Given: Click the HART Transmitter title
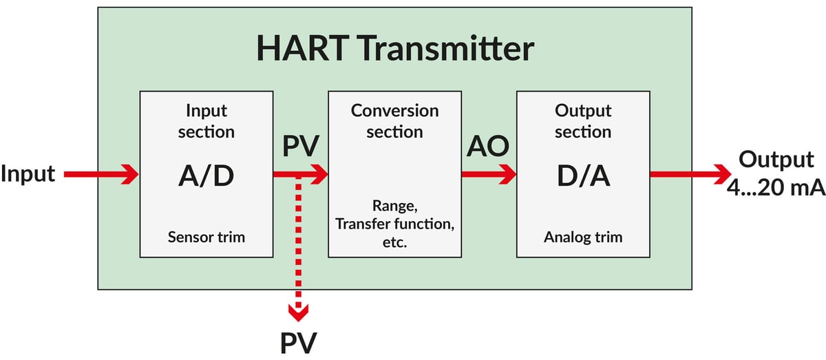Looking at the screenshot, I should pyautogui.click(x=395, y=49).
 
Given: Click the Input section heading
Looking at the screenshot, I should pyautogui.click(x=206, y=120).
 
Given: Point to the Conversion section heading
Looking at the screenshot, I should pyautogui.click(x=394, y=120).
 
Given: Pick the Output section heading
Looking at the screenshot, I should pyautogui.click(x=582, y=120).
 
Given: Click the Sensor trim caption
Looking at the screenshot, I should pyautogui.click(x=206, y=237).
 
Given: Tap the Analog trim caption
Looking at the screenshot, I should pyautogui.click(x=582, y=237).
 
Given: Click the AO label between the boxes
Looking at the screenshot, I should pyautogui.click(x=488, y=147).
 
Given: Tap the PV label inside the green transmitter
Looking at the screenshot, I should pyautogui.click(x=300, y=147).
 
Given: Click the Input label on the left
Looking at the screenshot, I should pyautogui.click(x=28, y=174).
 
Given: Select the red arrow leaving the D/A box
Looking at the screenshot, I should pyautogui.click(x=688, y=175).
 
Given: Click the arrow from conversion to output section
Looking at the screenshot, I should pyautogui.click(x=489, y=175).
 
